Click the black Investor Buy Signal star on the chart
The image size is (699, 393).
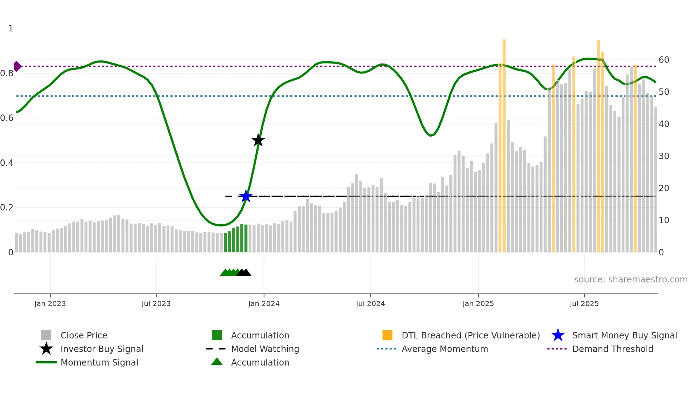tap(258, 140)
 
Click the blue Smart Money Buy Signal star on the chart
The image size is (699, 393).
tap(246, 196)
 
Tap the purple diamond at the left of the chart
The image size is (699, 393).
tap(17, 66)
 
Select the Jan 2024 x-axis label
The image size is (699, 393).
tap(264, 303)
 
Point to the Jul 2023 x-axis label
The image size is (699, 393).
tap(156, 303)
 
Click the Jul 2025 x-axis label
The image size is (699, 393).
tap(584, 303)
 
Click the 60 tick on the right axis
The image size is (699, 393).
tap(664, 60)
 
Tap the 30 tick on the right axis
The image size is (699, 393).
tap(664, 156)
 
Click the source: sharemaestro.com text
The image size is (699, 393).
tap(631, 280)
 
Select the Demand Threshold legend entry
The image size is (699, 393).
tap(612, 349)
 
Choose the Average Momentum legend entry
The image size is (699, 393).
tap(444, 349)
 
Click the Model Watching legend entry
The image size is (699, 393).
tap(265, 349)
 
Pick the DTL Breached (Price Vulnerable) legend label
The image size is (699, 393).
tap(470, 335)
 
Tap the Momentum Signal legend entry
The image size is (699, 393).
tap(99, 362)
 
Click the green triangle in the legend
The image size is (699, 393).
tap(217, 362)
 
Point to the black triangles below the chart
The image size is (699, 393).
tap(244, 272)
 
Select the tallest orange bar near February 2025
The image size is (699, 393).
tap(504, 143)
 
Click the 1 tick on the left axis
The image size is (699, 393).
tap(11, 29)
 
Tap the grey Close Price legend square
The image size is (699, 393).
tap(46, 335)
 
